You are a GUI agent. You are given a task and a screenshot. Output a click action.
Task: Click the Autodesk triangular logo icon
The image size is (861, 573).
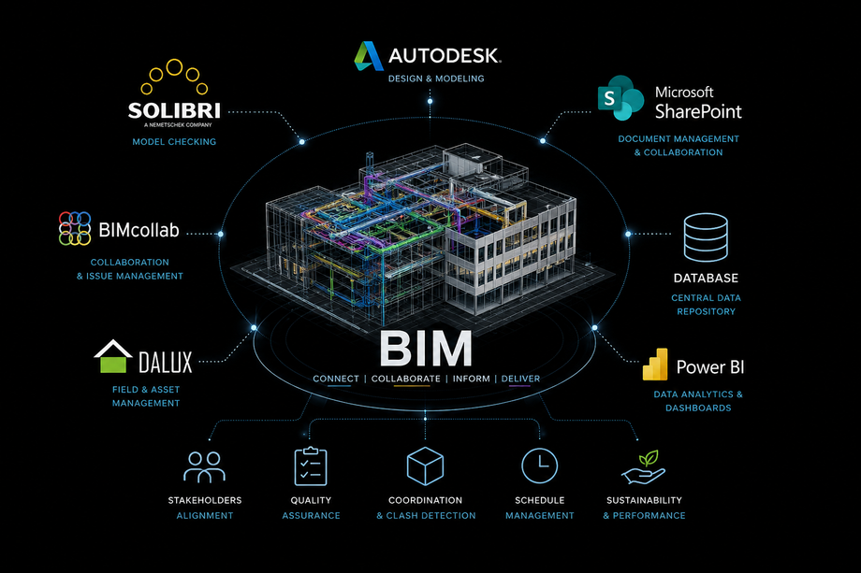tap(369, 56)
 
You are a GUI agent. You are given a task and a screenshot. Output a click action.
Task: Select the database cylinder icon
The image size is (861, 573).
tap(706, 236)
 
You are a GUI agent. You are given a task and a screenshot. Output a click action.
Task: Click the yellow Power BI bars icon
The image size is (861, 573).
tap(655, 365)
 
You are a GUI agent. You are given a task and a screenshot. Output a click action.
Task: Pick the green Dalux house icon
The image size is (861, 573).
tap(113, 356)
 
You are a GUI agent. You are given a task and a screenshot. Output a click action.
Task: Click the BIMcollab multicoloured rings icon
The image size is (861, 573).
tap(75, 228)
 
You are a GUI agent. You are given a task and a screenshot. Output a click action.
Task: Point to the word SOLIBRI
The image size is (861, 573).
tap(174, 110)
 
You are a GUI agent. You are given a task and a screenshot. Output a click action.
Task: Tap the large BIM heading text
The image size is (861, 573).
tap(426, 348)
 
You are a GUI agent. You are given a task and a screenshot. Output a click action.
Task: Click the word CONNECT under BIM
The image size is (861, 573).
tap(336, 379)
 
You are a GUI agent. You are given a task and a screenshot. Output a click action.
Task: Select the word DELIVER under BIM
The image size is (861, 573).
tap(520, 379)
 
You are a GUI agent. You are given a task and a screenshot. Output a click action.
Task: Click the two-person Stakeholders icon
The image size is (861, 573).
tap(204, 466)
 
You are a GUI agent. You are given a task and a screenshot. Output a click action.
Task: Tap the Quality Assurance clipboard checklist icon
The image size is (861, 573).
tap(311, 466)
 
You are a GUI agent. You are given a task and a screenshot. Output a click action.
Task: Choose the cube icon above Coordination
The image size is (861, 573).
tap(425, 466)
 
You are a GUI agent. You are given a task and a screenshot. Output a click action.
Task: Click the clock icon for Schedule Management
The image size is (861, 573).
tap(539, 466)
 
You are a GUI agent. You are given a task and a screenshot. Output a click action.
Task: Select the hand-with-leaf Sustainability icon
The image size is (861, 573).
tap(644, 467)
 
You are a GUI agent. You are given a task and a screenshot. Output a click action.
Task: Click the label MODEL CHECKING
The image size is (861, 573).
tap(174, 142)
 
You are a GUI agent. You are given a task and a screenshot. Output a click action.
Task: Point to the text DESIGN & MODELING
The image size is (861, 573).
tap(436, 79)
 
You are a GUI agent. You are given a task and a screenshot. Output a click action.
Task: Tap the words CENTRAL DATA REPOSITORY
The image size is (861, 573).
tap(707, 305)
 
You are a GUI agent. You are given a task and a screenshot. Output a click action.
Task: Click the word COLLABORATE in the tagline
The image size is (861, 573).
tap(406, 379)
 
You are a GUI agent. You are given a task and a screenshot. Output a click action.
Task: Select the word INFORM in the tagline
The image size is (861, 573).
tap(471, 379)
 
